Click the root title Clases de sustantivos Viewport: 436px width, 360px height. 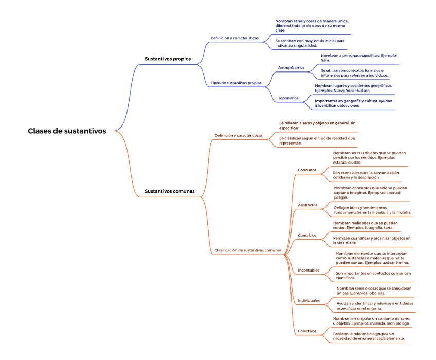pos(67,131)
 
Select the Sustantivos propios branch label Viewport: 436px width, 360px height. pos(168,59)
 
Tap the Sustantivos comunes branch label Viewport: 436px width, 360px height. pos(170,191)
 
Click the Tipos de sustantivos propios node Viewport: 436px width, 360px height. pos(236,83)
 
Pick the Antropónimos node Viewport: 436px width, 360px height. pos(291,68)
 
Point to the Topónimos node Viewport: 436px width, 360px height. pos(288,98)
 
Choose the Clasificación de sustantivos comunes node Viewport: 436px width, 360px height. pos(248,250)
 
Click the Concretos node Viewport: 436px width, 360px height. pos(307,170)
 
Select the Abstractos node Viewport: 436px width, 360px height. pos(307,205)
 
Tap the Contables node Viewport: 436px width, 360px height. pos(307,235)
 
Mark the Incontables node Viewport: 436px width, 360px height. pos(308,270)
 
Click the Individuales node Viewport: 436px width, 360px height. pos(308,300)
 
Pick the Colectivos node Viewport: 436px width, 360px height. pos(307,331)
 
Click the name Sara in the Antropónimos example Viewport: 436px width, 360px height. pos(325,60)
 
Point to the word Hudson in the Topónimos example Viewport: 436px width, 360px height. pos(362,91)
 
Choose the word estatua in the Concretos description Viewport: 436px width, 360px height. pos(342,162)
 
